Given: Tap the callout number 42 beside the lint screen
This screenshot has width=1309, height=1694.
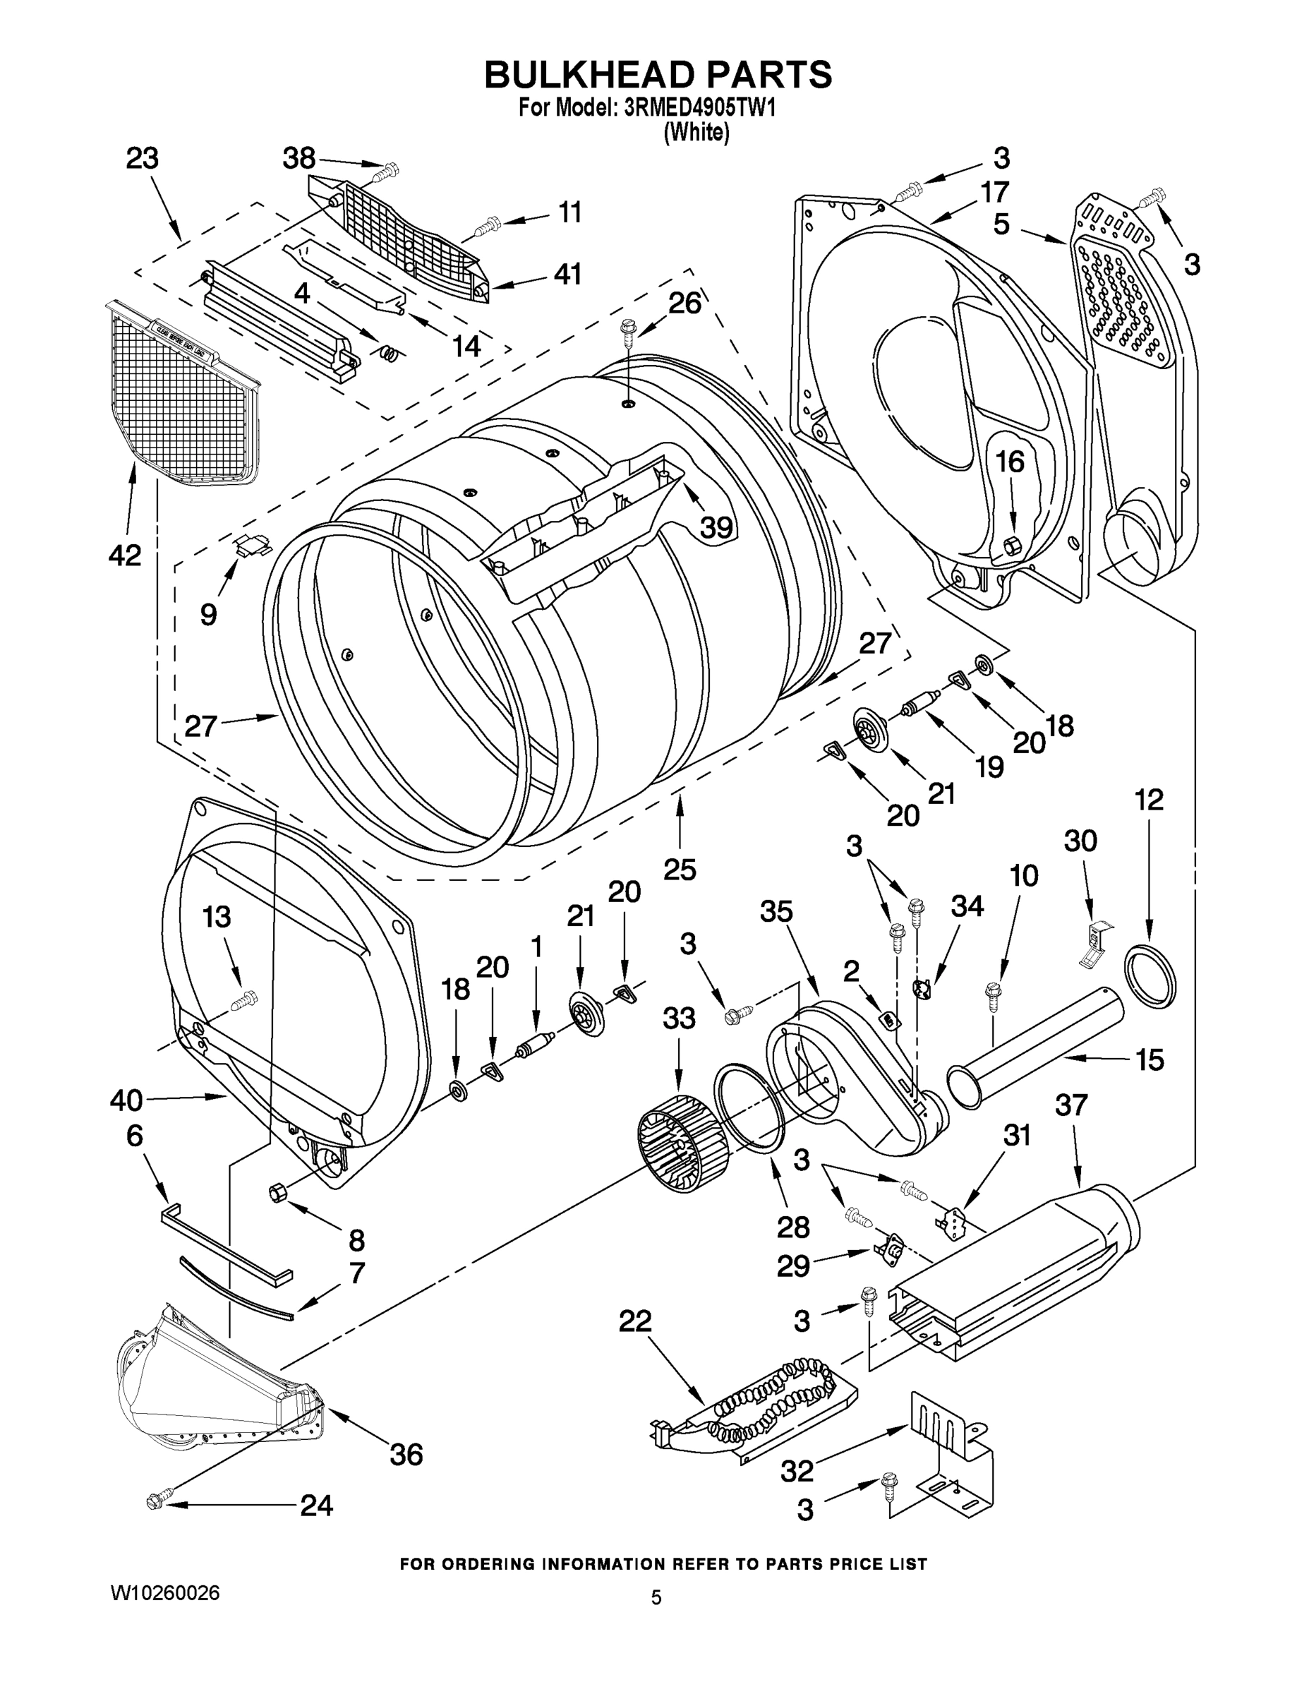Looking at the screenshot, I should point(126,555).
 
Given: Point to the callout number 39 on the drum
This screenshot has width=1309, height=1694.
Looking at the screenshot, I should point(716,527).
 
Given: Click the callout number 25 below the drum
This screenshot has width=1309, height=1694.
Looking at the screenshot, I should point(680,870).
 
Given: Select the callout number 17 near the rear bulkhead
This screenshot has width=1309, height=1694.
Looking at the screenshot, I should point(994,191).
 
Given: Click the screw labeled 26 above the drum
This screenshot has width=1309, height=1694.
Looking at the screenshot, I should point(627,336).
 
